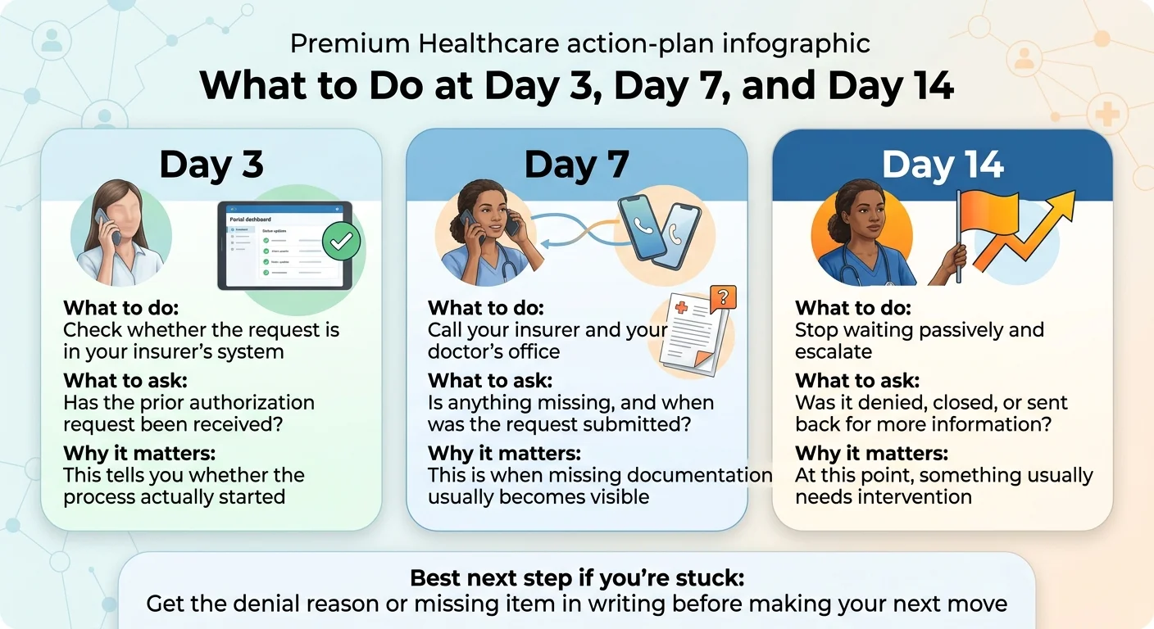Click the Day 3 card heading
pyautogui.click(x=211, y=165)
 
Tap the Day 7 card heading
pyautogui.click(x=576, y=165)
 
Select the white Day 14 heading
pyautogui.click(x=943, y=165)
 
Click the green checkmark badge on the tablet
pyautogui.click(x=341, y=242)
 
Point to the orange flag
pyautogui.click(x=988, y=220)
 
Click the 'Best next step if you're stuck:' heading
pyautogui.click(x=577, y=578)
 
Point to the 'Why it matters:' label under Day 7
pyautogui.click(x=504, y=453)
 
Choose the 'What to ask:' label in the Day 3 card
pyautogui.click(x=125, y=381)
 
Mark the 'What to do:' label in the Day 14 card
pyautogui.click(x=852, y=309)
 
